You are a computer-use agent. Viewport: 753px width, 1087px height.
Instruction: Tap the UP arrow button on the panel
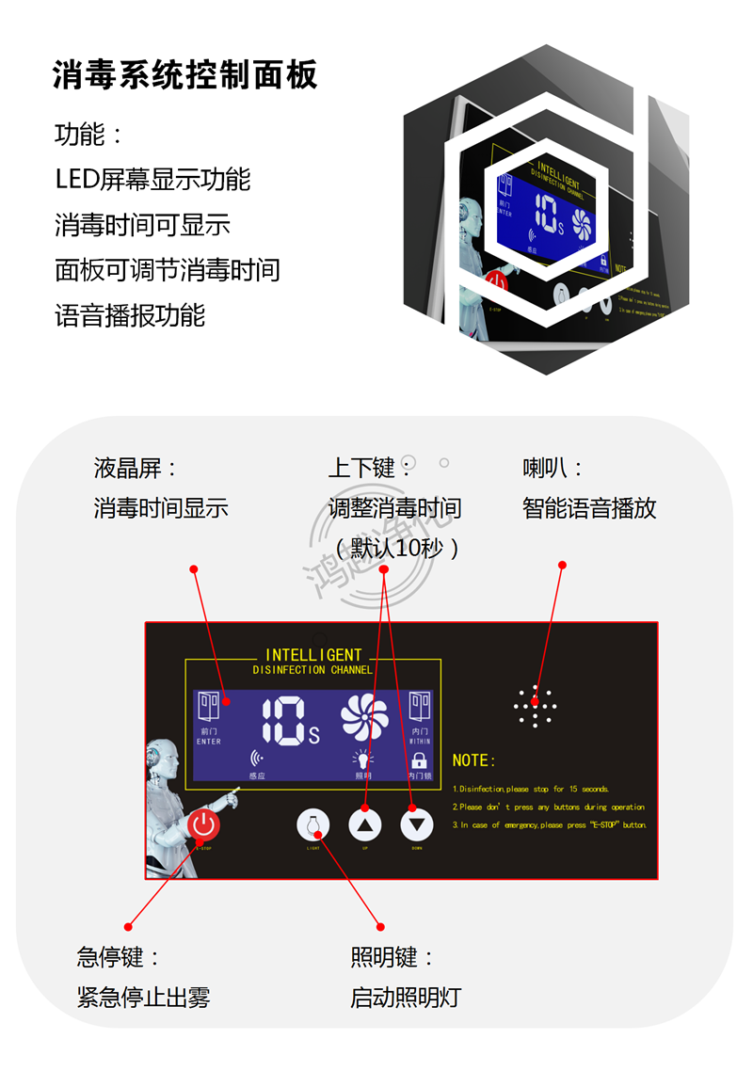(x=365, y=825)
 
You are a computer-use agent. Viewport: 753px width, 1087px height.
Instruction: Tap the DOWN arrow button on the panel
(x=417, y=825)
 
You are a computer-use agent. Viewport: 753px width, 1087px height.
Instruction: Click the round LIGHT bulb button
(x=313, y=825)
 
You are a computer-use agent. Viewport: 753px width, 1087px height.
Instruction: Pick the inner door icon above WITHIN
(x=420, y=707)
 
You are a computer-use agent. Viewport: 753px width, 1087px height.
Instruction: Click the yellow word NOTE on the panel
(x=473, y=760)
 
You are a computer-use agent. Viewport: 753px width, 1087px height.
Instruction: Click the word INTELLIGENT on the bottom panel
(x=313, y=655)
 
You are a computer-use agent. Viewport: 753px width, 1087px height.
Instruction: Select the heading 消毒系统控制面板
(x=185, y=75)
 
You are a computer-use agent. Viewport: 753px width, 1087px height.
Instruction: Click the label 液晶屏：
(x=136, y=468)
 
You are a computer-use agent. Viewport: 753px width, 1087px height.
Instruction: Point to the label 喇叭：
(x=553, y=468)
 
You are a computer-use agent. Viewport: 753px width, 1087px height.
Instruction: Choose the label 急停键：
(x=119, y=958)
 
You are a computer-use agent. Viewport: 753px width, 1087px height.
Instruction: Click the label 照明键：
(x=393, y=958)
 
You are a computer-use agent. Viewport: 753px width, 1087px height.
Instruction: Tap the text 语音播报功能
(x=130, y=315)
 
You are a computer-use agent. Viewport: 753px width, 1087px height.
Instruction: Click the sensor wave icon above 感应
(x=256, y=759)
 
